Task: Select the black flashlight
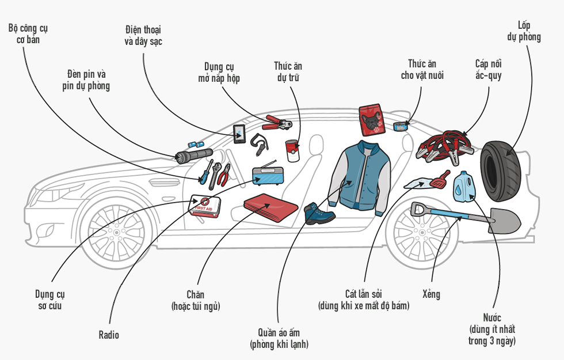pyautogui.click(x=194, y=154)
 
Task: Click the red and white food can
pyautogui.click(x=294, y=151)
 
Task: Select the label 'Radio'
pyautogui.click(x=109, y=335)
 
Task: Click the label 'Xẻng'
pyautogui.click(x=430, y=294)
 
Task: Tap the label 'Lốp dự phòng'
pyautogui.click(x=524, y=31)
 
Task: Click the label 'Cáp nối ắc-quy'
pyautogui.click(x=488, y=69)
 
